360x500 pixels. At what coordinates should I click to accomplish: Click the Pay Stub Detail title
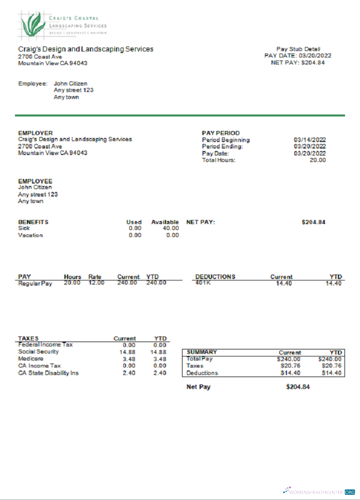coord(297,49)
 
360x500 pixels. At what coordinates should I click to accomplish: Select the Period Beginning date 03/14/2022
coord(309,140)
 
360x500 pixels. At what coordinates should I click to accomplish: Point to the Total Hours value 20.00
coord(317,160)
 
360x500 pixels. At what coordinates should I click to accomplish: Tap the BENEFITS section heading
coord(33,222)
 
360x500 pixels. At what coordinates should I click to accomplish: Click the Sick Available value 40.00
coord(171,228)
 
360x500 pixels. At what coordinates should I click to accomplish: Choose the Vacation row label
coord(30,235)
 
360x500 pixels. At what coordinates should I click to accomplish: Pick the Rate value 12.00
coord(96,283)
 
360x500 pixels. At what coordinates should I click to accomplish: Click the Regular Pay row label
coord(35,283)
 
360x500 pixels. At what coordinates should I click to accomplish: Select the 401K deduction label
coord(203,283)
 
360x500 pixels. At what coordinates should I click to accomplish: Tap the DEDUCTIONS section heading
coord(215,276)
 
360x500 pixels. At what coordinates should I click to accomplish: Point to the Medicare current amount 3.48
coord(129,358)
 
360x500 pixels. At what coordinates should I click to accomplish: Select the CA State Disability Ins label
coord(48,372)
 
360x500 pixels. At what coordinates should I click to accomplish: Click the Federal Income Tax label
coord(45,344)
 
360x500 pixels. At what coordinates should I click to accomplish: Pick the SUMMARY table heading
coord(201,352)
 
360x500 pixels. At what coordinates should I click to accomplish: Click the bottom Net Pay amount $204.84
coord(298,386)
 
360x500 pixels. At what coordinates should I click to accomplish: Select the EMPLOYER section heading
coord(35,133)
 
